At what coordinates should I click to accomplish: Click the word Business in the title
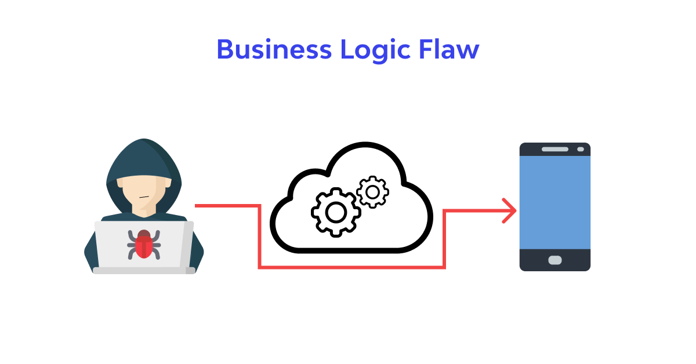(x=274, y=50)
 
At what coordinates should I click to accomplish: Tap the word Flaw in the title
(x=448, y=50)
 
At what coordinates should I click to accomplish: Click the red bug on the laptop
(x=144, y=243)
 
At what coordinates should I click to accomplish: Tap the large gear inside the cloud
(x=336, y=213)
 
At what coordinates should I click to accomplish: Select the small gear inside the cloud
(x=372, y=192)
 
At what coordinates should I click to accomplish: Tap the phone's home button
(x=555, y=260)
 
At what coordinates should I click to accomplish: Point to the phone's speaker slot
(x=555, y=149)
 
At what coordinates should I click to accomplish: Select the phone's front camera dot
(x=580, y=149)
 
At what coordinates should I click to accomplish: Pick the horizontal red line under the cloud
(x=351, y=267)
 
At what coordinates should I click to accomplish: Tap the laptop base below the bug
(x=144, y=270)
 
